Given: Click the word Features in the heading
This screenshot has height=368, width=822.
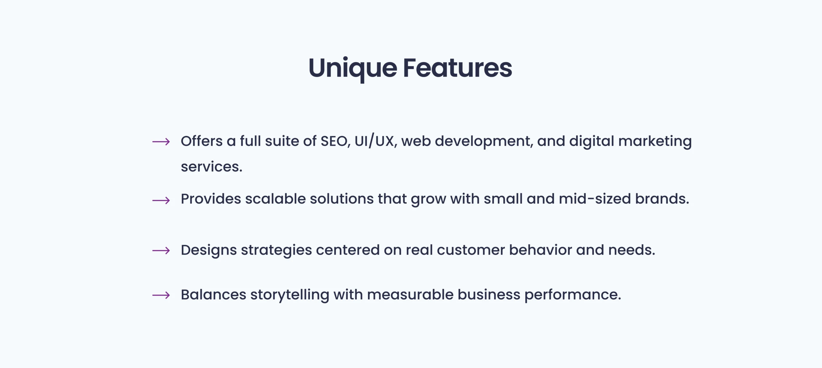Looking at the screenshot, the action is click(458, 68).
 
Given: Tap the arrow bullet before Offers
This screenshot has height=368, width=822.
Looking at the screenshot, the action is click(161, 142).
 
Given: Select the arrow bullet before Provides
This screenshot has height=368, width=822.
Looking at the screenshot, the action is click(161, 200).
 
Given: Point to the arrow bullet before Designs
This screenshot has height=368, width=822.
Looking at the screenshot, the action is click(161, 250).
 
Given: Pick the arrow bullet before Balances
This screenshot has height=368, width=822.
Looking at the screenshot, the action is click(161, 295).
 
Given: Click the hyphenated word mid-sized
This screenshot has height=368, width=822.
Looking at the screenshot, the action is click(595, 199).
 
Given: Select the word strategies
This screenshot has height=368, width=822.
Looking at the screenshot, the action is click(276, 250).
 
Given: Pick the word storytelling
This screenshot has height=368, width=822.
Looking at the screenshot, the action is click(290, 295).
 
